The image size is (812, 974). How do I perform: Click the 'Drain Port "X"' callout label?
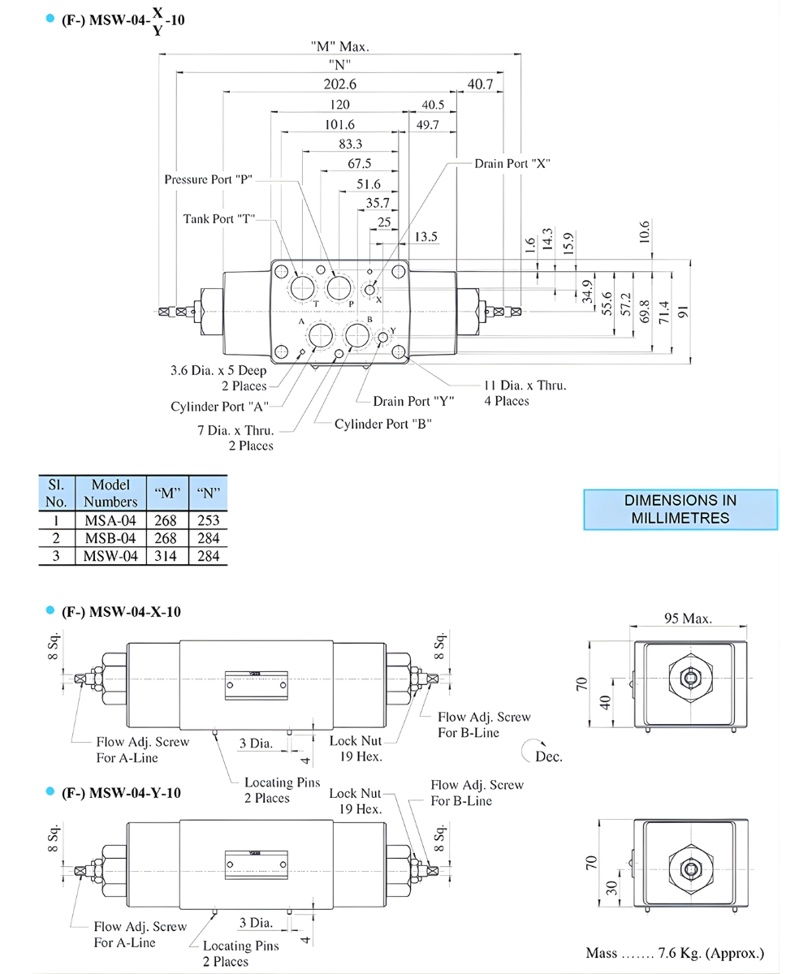(513, 163)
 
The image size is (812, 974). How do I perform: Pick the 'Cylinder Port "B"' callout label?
(383, 424)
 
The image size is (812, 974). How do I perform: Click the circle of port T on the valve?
(302, 287)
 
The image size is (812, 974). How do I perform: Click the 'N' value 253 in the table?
(208, 520)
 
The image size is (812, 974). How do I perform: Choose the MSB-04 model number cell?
(110, 538)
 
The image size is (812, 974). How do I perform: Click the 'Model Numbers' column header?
(110, 493)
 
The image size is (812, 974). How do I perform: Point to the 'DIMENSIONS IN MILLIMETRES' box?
(680, 510)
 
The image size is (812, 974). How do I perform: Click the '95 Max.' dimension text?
(688, 618)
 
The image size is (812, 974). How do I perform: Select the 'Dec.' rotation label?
(547, 756)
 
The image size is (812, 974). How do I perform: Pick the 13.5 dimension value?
(425, 236)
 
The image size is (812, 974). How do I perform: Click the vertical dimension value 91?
(685, 312)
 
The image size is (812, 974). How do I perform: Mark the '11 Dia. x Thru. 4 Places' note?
(525, 393)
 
